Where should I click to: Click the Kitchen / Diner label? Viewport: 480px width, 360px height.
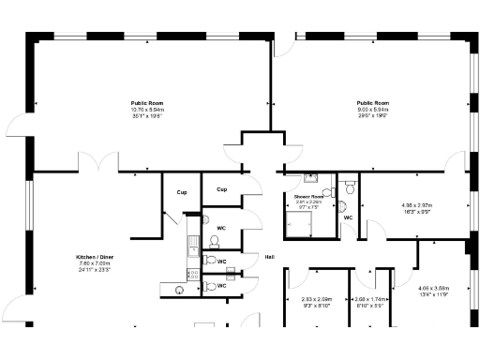(x=95, y=257)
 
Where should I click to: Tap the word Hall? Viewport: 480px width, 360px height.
(x=269, y=257)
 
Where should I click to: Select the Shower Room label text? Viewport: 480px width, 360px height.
(x=308, y=195)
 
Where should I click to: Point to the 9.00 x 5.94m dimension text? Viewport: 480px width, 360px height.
(x=372, y=109)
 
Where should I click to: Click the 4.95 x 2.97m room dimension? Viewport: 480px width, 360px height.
(x=415, y=205)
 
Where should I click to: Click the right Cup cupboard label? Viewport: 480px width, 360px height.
(x=221, y=189)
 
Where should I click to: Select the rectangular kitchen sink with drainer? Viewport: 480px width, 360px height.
(x=192, y=244)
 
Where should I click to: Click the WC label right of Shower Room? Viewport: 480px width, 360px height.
(x=347, y=217)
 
